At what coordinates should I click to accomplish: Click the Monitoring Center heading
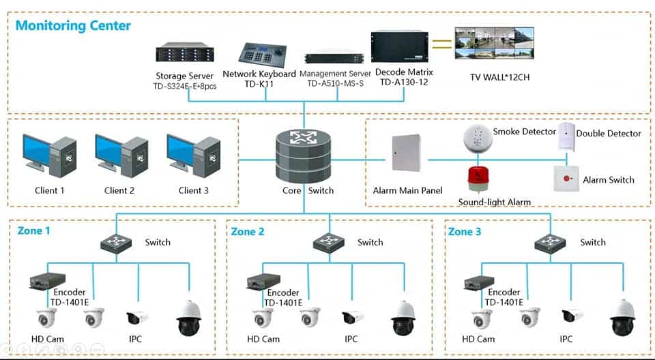click(x=73, y=26)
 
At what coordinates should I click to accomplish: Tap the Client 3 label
click(x=193, y=191)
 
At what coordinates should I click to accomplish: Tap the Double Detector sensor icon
click(x=566, y=136)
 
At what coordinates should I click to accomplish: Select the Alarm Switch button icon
click(x=566, y=179)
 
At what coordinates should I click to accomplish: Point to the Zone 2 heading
click(x=247, y=232)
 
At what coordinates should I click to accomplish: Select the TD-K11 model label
click(x=259, y=84)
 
